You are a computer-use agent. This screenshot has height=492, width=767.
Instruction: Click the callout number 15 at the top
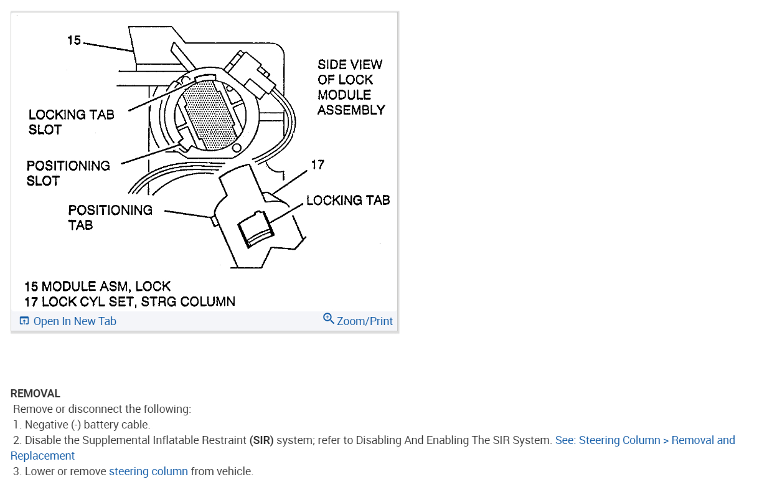pyautogui.click(x=74, y=40)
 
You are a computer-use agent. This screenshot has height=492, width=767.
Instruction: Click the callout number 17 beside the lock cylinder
pyautogui.click(x=318, y=165)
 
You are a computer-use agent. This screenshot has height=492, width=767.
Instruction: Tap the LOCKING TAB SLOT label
pyautogui.click(x=71, y=122)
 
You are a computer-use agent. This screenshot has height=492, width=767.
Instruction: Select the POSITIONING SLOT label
pyautogui.click(x=68, y=173)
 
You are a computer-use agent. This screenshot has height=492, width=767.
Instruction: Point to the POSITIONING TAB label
pyautogui.click(x=110, y=217)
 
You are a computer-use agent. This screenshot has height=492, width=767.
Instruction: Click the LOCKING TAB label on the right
pyautogui.click(x=348, y=200)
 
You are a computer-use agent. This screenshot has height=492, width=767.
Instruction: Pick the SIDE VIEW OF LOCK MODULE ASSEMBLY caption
pyautogui.click(x=351, y=87)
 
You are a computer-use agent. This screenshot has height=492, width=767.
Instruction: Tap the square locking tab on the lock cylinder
pyautogui.click(x=255, y=229)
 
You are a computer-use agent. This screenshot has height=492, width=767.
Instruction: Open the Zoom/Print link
pyautogui.click(x=365, y=321)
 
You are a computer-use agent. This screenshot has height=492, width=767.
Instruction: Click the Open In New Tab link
pyautogui.click(x=75, y=321)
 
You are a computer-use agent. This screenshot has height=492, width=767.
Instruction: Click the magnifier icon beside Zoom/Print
pyautogui.click(x=328, y=319)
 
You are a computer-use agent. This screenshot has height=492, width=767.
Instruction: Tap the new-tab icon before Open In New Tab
pyautogui.click(x=24, y=321)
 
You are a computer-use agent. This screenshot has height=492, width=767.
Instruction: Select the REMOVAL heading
pyautogui.click(x=35, y=394)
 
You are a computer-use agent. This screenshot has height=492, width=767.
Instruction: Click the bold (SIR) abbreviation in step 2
pyautogui.click(x=261, y=440)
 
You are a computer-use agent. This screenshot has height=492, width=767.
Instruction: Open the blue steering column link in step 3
pyautogui.click(x=148, y=471)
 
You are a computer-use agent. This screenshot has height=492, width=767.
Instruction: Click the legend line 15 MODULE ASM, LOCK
pyautogui.click(x=97, y=286)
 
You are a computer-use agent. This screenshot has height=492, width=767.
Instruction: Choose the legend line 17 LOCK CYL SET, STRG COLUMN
pyautogui.click(x=129, y=302)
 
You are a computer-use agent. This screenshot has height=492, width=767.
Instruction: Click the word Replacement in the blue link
pyautogui.click(x=43, y=456)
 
